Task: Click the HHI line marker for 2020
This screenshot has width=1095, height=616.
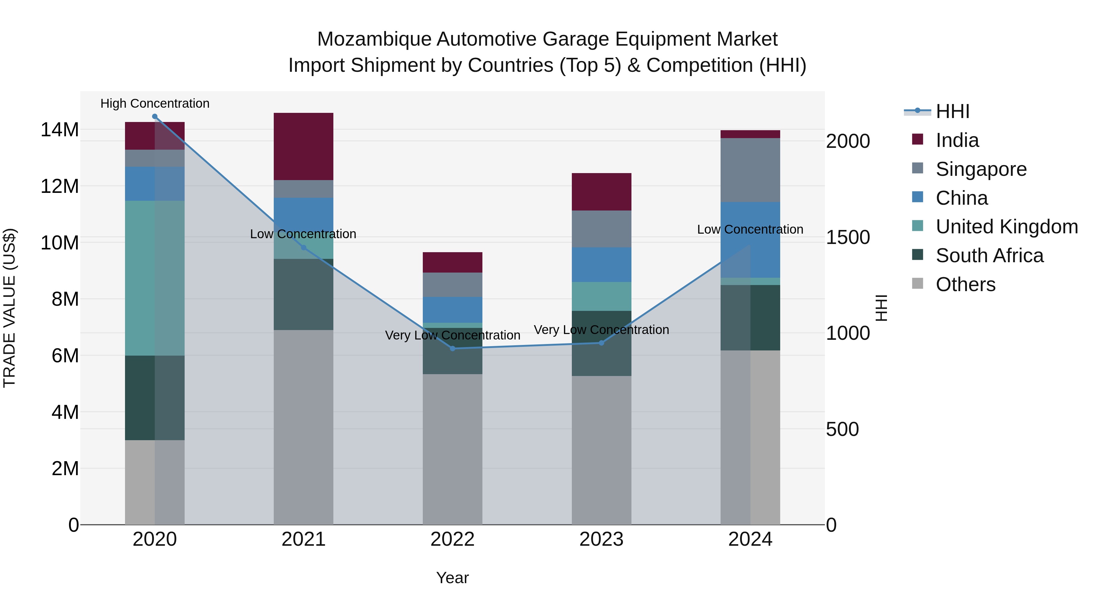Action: pyautogui.click(x=155, y=117)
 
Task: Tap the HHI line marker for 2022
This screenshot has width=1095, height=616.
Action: pyautogui.click(x=452, y=349)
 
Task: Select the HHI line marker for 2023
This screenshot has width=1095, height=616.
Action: pyautogui.click(x=601, y=343)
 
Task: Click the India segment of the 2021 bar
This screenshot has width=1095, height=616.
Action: pyautogui.click(x=304, y=146)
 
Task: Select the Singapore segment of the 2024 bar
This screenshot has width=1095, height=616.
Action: pyautogui.click(x=750, y=170)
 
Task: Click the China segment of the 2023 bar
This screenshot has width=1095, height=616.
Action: pyautogui.click(x=601, y=264)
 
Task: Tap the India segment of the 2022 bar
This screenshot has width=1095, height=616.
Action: pyautogui.click(x=452, y=262)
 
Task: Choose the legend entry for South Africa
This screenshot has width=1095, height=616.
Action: pyautogui.click(x=989, y=256)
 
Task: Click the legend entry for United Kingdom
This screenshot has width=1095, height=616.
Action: pyautogui.click(x=1006, y=227)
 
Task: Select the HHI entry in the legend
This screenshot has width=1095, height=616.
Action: pyautogui.click(x=952, y=111)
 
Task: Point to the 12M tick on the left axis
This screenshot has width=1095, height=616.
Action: pyautogui.click(x=60, y=186)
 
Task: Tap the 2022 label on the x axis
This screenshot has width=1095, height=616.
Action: pyautogui.click(x=452, y=539)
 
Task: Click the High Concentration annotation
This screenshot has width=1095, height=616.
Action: pyautogui.click(x=155, y=103)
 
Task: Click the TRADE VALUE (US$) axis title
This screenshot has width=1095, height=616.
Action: pyautogui.click(x=9, y=308)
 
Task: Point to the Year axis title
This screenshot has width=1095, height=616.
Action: pyautogui.click(x=452, y=578)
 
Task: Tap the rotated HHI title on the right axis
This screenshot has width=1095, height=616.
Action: pyautogui.click(x=881, y=308)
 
